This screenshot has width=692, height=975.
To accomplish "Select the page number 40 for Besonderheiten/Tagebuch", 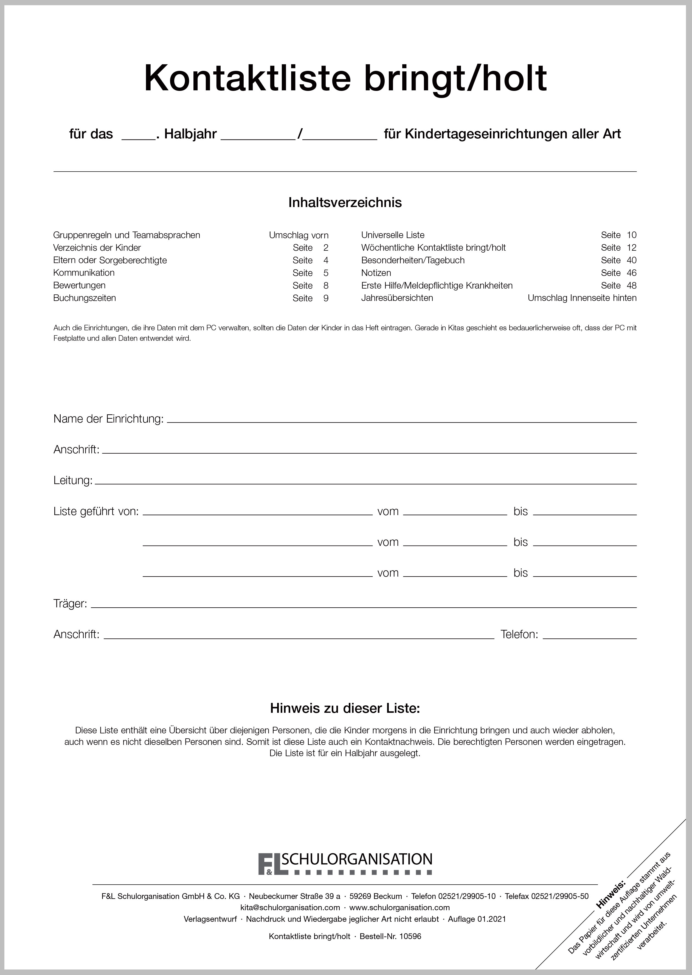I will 631,260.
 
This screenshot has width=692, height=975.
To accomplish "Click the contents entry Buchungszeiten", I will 84,298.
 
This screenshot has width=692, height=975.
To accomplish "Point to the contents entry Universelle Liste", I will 392,235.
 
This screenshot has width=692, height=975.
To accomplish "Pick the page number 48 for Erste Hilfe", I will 631,285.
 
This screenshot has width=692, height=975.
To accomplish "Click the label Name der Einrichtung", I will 108,419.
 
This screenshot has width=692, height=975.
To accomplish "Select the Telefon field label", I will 519,634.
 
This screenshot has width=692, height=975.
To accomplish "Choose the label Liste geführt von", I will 96,511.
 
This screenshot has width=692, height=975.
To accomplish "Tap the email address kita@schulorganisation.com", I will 290,908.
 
